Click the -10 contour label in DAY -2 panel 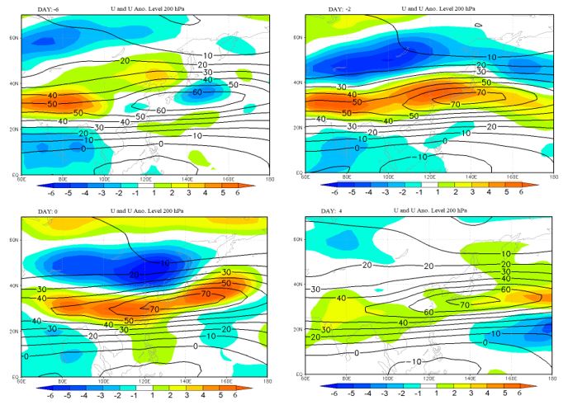pyautogui.click(x=421, y=157)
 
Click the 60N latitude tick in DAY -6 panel pyautogui.click(x=15, y=39)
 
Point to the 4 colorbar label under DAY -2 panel pyautogui.click(x=490, y=192)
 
